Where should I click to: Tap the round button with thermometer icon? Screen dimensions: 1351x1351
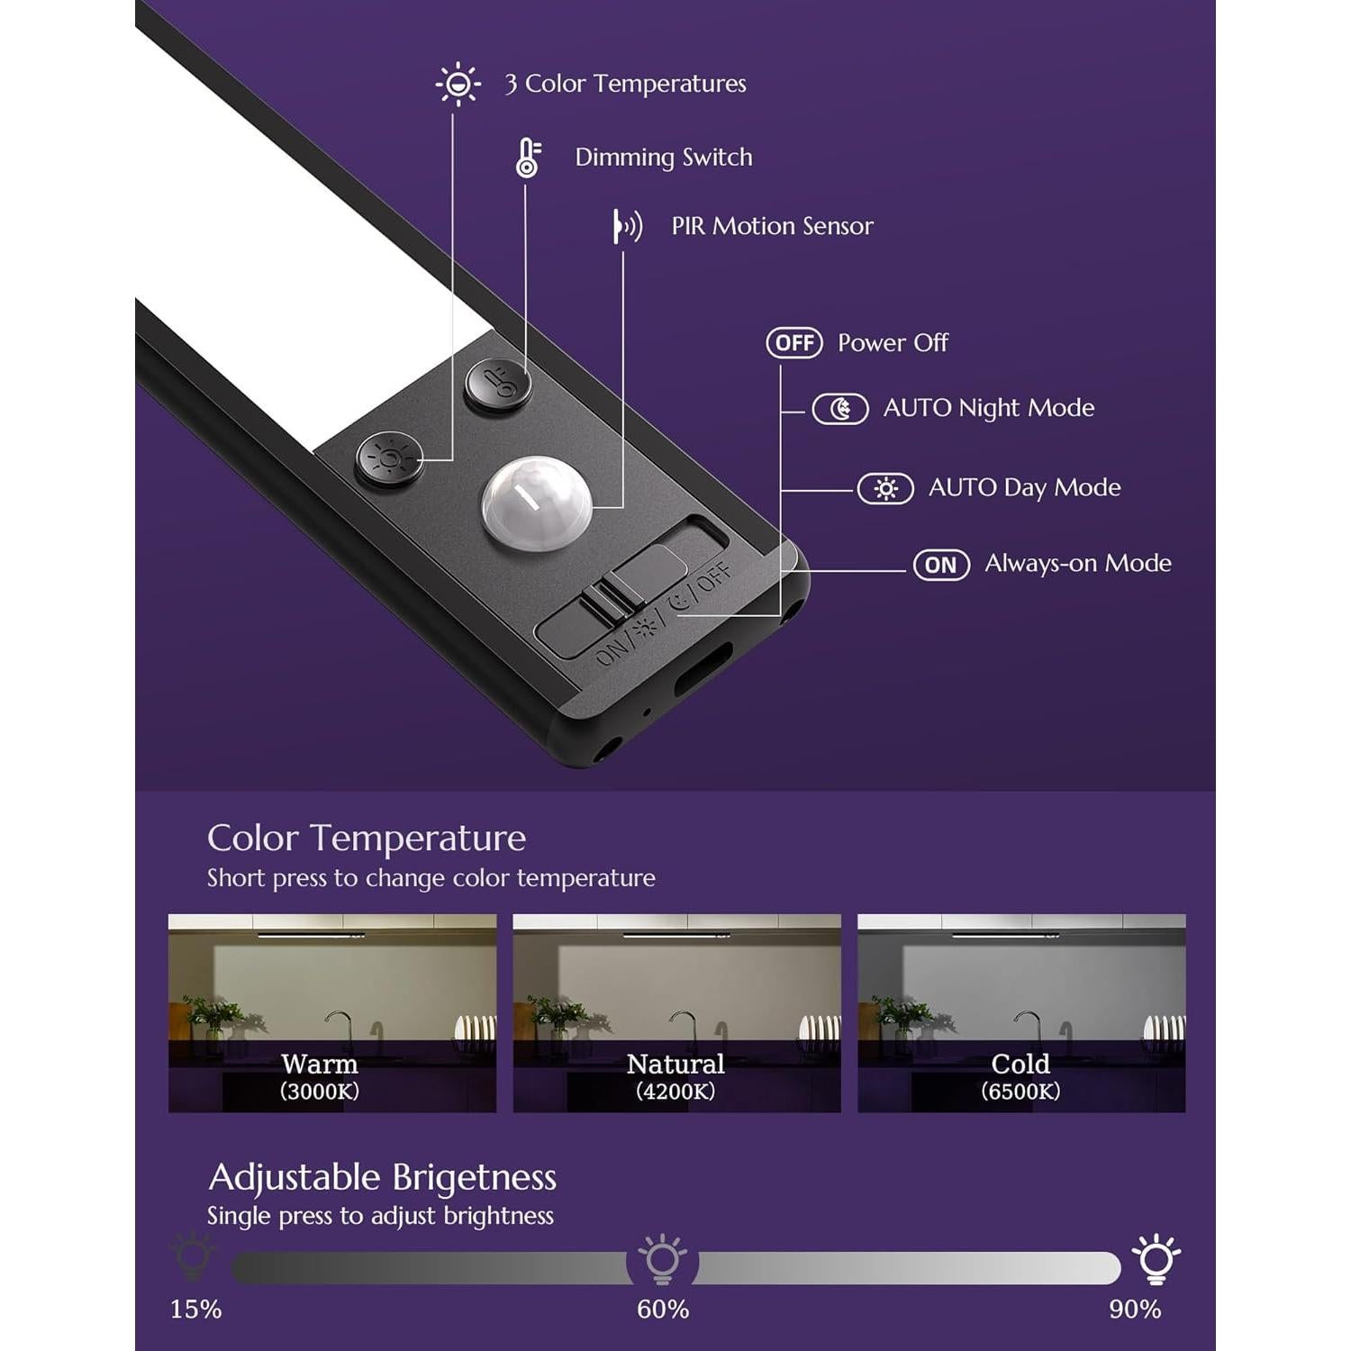[498, 385]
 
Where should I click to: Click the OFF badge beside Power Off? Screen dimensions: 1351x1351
[794, 343]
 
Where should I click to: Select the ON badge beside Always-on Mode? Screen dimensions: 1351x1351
[941, 565]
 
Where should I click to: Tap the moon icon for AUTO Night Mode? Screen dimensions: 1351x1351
[840, 409]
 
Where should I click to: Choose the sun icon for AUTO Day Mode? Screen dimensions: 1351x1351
[885, 489]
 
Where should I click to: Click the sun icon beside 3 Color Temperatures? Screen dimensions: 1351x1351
[458, 85]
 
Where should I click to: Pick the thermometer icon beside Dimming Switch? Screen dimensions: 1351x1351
[528, 158]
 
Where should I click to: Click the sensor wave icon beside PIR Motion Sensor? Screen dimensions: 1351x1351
[628, 226]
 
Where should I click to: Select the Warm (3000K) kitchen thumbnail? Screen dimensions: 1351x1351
[332, 1013]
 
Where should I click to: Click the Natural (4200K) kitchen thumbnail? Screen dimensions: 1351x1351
[676, 1013]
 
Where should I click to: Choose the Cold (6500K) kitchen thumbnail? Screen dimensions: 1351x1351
[1021, 1013]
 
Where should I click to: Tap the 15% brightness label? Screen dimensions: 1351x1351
[195, 1309]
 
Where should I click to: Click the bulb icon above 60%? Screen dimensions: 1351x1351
[662, 1259]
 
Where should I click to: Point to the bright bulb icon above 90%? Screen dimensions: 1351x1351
[1156, 1259]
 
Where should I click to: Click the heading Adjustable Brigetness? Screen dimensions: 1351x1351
[383, 1178]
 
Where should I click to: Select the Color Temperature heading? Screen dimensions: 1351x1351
[367, 839]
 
